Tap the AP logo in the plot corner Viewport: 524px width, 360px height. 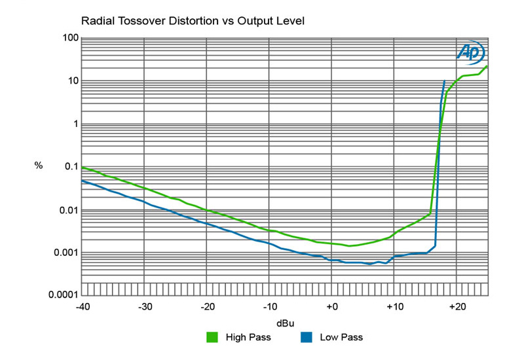pyautogui.click(x=470, y=52)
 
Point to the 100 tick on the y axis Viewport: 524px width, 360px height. pyautogui.click(x=69, y=38)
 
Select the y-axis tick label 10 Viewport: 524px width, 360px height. pyautogui.click(x=72, y=81)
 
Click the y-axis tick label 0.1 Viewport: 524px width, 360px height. pyautogui.click(x=70, y=167)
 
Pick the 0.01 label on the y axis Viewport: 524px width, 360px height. pyautogui.click(x=67, y=210)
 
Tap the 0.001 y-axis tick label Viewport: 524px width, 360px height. pyautogui.click(x=65, y=253)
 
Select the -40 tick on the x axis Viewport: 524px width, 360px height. pyautogui.click(x=82, y=306)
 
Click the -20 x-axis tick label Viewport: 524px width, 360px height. pyautogui.click(x=207, y=306)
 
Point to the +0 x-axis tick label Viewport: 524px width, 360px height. pyautogui.click(x=331, y=306)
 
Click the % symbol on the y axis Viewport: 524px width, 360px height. pyautogui.click(x=39, y=166)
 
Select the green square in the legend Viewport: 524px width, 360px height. pyautogui.click(x=212, y=338)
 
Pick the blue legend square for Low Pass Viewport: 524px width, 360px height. pyautogui.click(x=306, y=338)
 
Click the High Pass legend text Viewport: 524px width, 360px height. pyautogui.click(x=248, y=338)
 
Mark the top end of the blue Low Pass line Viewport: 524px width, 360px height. pyautogui.click(x=444, y=81)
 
